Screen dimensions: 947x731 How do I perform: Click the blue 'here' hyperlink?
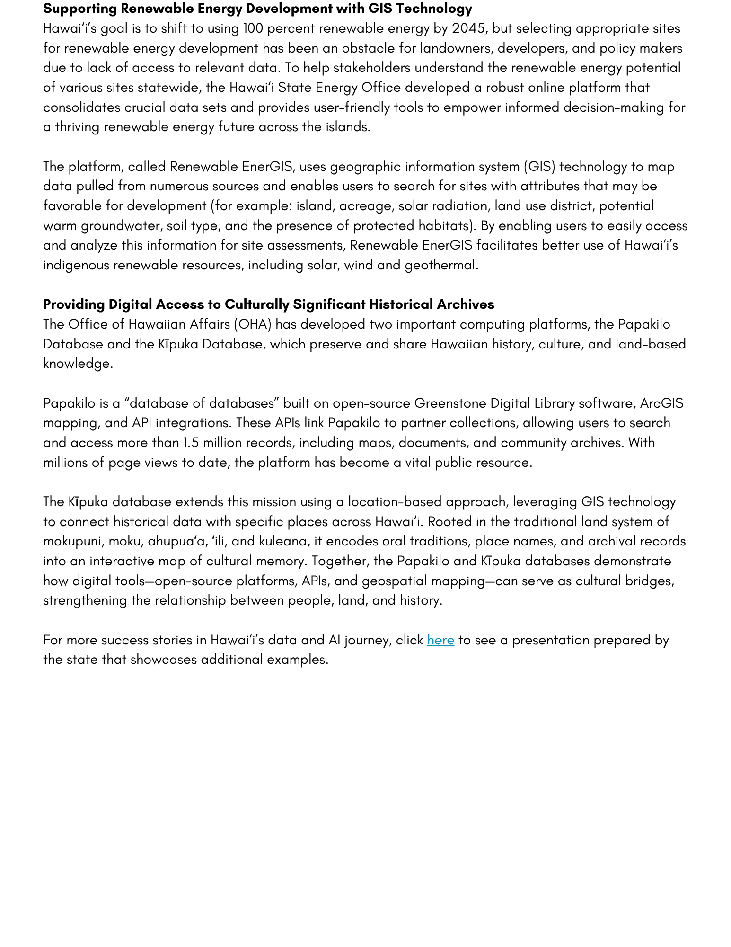pyautogui.click(x=440, y=640)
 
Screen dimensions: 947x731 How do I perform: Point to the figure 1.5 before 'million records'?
pyautogui.click(x=191, y=443)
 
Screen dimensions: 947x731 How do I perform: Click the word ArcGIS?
pyautogui.click(x=661, y=403)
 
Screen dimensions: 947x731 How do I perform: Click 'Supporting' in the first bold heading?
pyautogui.click(x=79, y=9)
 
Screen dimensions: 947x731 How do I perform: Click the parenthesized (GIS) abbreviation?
pyautogui.click(x=539, y=167)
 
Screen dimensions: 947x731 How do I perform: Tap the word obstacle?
pyautogui.click(x=368, y=48)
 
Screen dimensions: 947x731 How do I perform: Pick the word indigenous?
pyautogui.click(x=76, y=265)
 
